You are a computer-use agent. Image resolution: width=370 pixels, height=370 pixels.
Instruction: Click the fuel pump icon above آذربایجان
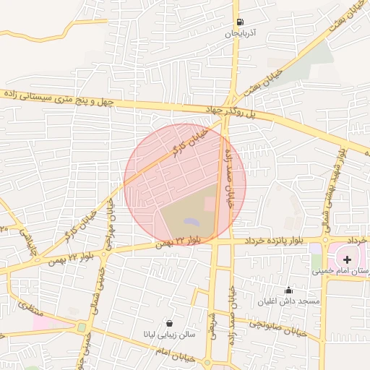pyautogui.click(x=239, y=22)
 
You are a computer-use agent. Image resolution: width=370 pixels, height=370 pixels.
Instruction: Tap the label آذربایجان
pyautogui.click(x=239, y=34)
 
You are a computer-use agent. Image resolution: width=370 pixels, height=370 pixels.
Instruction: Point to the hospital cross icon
pyautogui.click(x=348, y=259)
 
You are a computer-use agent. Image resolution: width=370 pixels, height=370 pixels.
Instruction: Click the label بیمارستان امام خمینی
pyautogui.click(x=341, y=271)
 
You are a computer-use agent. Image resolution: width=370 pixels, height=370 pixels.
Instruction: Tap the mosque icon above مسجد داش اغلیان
pyautogui.click(x=289, y=290)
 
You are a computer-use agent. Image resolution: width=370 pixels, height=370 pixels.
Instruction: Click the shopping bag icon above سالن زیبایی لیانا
pyautogui.click(x=169, y=323)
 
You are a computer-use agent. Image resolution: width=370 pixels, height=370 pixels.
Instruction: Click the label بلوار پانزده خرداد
pyautogui.click(x=281, y=239)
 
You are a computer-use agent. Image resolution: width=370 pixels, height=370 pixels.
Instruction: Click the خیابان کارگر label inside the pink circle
pyautogui.click(x=189, y=143)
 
